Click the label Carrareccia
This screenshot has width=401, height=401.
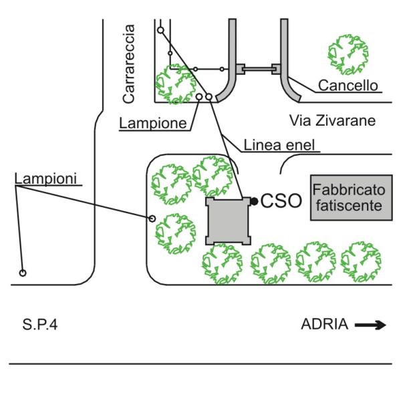point(130,64)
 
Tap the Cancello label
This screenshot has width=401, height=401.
point(348,86)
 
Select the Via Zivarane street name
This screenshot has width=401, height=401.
point(333,121)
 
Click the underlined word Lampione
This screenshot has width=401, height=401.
point(153,123)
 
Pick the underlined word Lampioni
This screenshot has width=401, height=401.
point(45,178)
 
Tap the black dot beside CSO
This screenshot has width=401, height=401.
point(255,200)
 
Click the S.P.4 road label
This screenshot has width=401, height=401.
point(39,325)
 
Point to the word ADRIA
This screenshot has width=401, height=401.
point(325,325)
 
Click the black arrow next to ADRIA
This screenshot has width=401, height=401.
point(370,325)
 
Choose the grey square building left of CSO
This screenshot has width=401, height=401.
point(228,221)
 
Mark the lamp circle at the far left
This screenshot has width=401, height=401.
point(22,273)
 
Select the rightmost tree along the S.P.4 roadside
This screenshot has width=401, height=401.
point(362,261)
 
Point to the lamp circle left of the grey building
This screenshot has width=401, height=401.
point(152,218)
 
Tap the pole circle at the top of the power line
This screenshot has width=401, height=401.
point(160,30)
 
